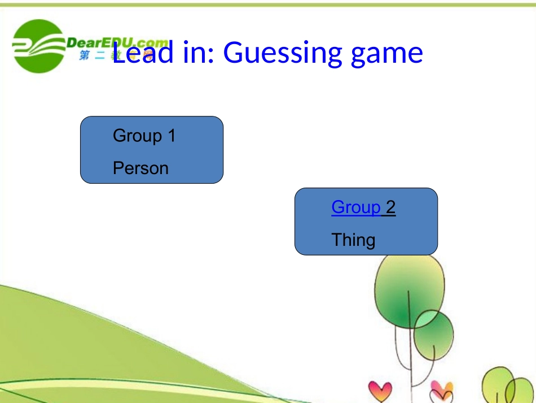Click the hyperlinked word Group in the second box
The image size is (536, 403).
click(x=356, y=207)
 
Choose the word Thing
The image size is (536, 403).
click(x=353, y=240)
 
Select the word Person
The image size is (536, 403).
click(x=140, y=168)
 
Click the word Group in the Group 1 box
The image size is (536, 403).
click(x=137, y=136)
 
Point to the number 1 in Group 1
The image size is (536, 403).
click(x=172, y=136)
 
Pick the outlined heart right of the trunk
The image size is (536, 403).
click(x=442, y=390)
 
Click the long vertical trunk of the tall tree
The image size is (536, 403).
click(x=414, y=367)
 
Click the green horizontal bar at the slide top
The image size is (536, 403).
click(x=268, y=5)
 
